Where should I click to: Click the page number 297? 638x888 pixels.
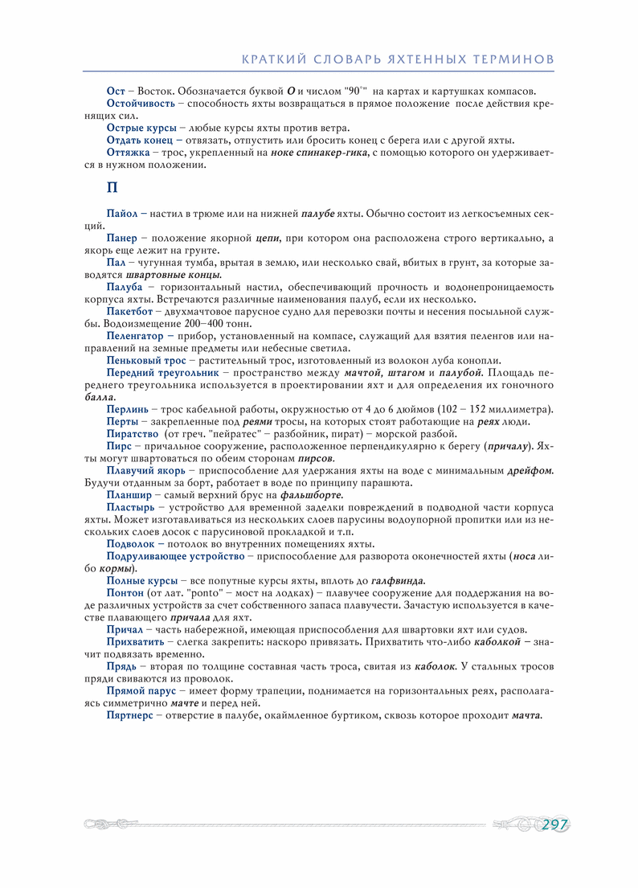[x=554, y=825]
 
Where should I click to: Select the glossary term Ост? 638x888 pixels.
[x=116, y=92]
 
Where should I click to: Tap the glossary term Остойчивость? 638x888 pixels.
[x=141, y=104]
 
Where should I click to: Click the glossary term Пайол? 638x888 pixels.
[x=122, y=214]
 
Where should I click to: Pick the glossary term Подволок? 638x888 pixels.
[x=130, y=544]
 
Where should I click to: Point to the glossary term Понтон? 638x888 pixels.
[x=124, y=593]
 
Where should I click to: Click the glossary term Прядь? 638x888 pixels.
[x=122, y=667]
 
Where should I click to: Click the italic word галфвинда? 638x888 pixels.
[x=399, y=581]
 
